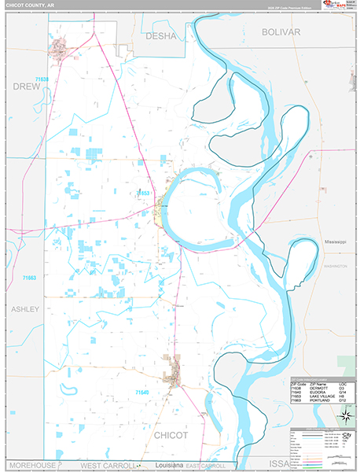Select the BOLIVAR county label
[x=281, y=31]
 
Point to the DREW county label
[x=26, y=87]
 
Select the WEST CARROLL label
[x=107, y=466]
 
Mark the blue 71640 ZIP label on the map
[x=141, y=392]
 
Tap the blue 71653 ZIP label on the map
[x=142, y=193]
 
